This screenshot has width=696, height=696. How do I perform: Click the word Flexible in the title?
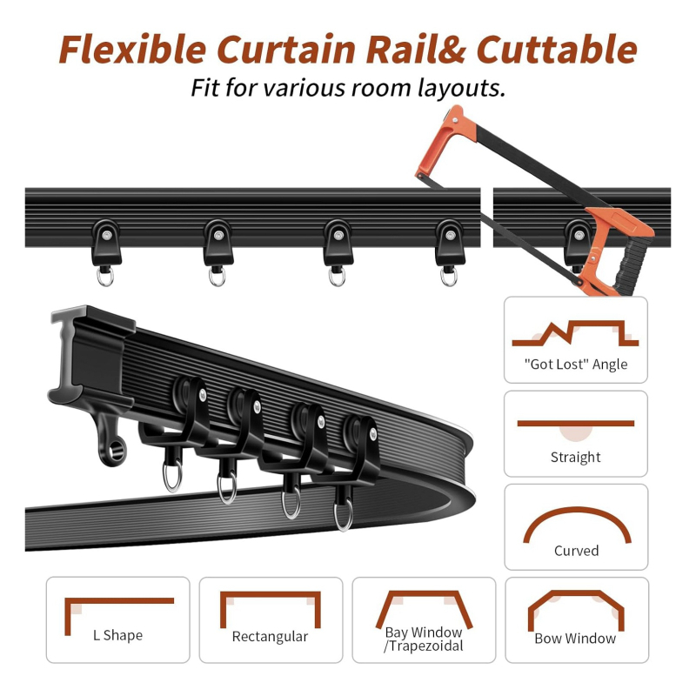[133, 50]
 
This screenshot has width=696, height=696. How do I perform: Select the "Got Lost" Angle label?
[576, 364]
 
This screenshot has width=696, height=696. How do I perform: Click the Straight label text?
[576, 457]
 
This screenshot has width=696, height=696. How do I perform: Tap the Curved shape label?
[576, 551]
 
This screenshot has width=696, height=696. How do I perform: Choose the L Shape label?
[118, 635]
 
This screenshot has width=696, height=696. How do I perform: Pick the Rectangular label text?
[270, 637]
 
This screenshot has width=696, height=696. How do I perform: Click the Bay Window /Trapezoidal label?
[424, 639]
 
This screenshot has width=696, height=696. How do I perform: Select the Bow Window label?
[575, 639]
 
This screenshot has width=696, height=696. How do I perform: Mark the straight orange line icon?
[576, 424]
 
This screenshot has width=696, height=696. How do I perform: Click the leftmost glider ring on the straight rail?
[105, 277]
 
